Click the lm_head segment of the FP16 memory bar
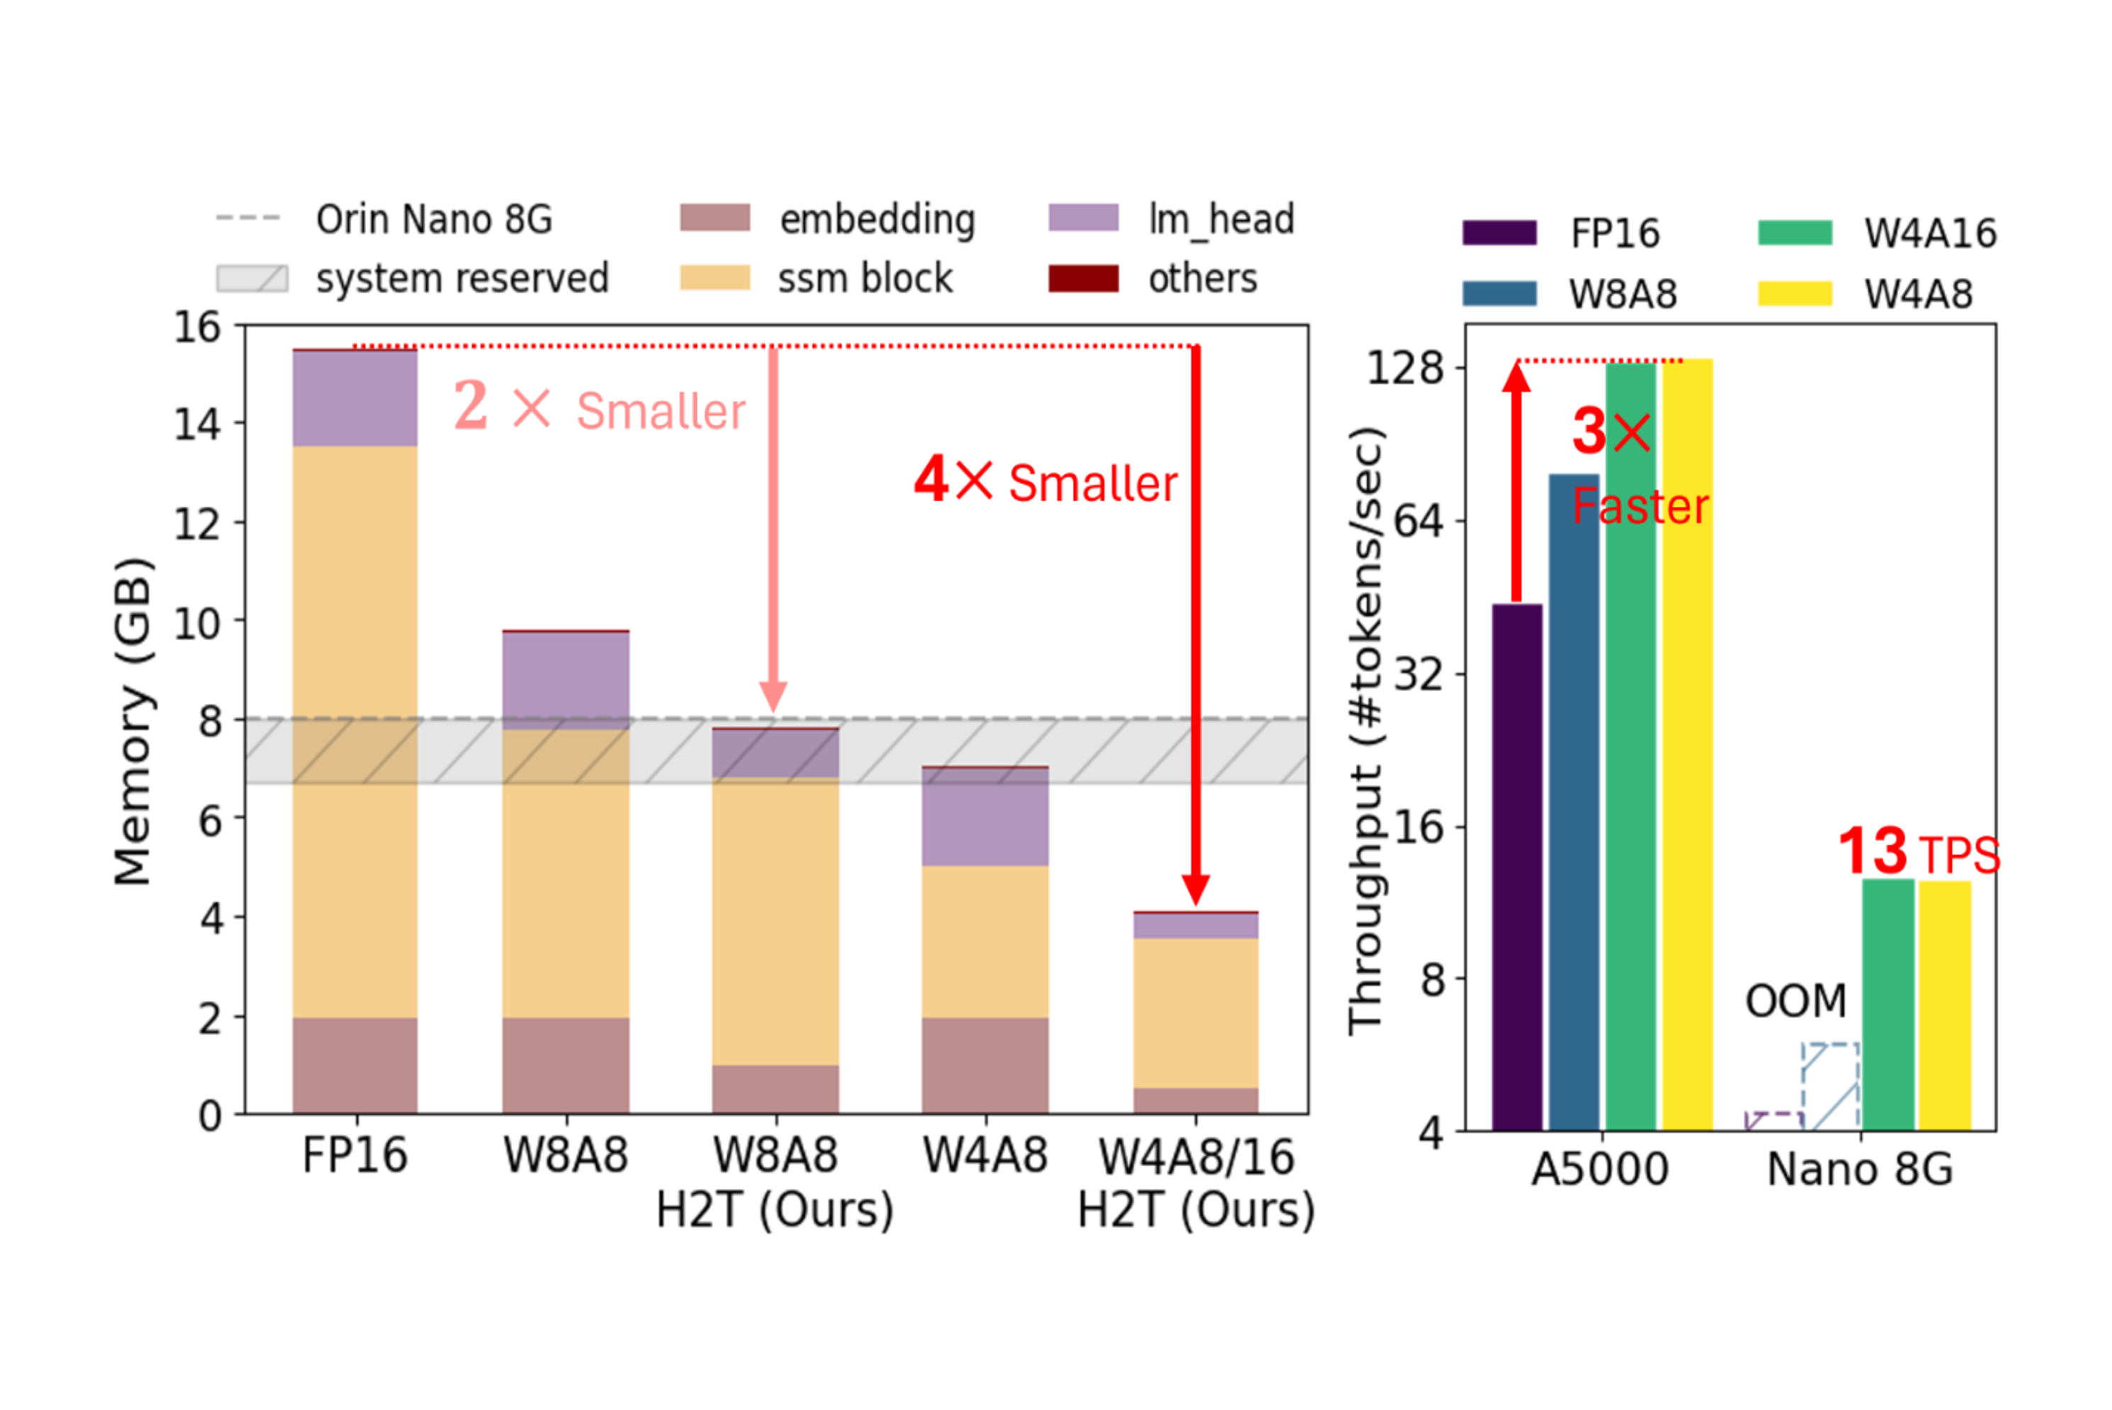(x=355, y=398)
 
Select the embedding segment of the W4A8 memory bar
(x=985, y=1065)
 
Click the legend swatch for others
(x=1083, y=279)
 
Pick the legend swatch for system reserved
(x=252, y=279)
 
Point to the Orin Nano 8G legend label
(x=433, y=220)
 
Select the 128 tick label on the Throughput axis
(x=1404, y=368)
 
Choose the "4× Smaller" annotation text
(x=1046, y=482)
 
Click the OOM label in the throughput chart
(x=1796, y=1001)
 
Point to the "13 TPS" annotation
(x=1918, y=851)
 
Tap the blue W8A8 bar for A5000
(x=1573, y=800)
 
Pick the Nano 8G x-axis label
(x=1860, y=1170)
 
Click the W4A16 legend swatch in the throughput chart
(x=1794, y=233)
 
